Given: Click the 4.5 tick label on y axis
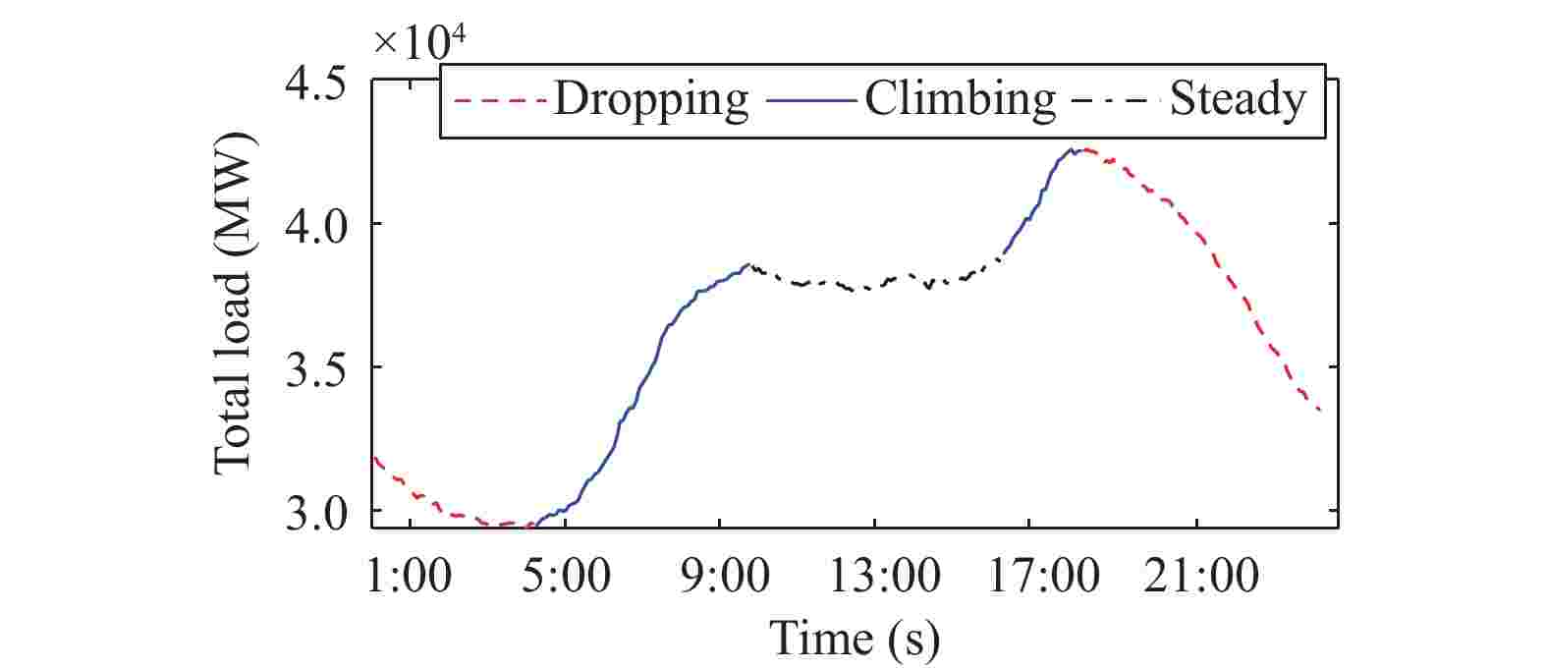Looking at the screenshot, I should coord(314,83).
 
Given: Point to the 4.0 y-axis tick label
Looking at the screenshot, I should coord(314,226).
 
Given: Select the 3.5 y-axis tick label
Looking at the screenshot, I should coord(314,368).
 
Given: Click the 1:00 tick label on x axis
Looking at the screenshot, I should coord(408,577).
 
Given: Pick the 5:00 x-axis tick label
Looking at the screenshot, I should coord(564,577).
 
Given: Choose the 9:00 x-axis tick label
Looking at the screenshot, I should coord(720,577).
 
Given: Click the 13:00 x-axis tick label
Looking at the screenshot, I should coord(874,577).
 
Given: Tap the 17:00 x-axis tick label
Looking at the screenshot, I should coord(1029,577).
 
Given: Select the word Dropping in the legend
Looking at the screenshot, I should coord(650,100).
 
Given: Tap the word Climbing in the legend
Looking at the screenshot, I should coord(959,100).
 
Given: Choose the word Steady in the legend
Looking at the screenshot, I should coord(1239,100).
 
